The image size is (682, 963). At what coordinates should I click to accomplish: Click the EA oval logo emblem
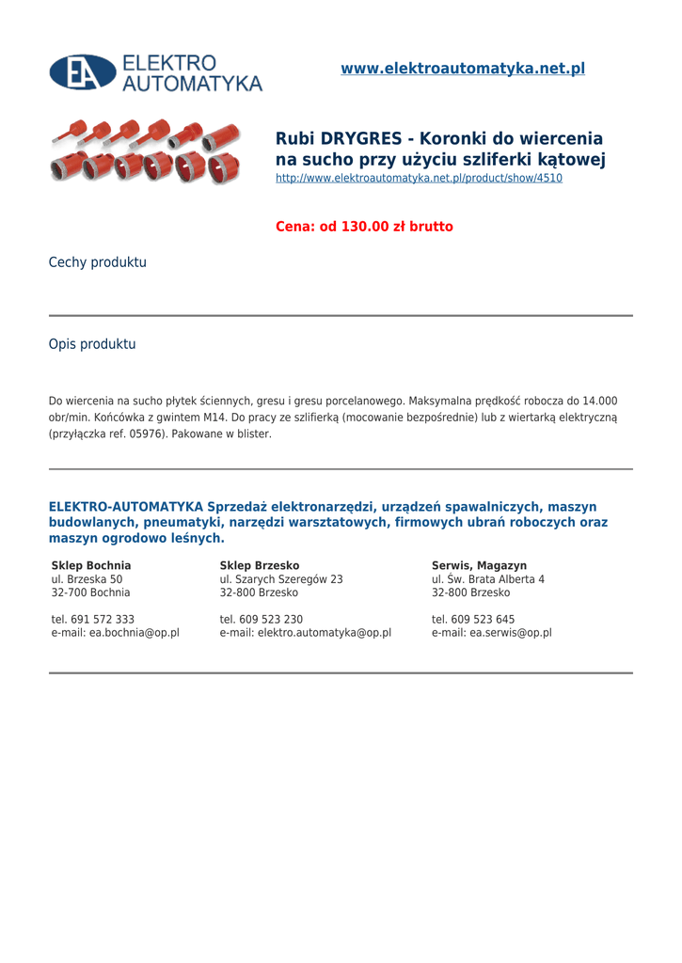coord(82,72)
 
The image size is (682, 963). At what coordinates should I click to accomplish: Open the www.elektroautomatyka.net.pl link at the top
coord(462,69)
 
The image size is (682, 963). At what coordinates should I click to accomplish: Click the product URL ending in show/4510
coord(419,178)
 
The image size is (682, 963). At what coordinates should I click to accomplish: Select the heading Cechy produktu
coord(98,262)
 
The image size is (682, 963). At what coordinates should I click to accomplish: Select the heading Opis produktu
coord(92,344)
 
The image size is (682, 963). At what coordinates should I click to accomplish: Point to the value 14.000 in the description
coord(599,401)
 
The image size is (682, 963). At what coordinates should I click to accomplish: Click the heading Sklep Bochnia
coord(91,565)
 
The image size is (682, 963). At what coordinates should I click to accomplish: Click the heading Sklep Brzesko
coord(260,565)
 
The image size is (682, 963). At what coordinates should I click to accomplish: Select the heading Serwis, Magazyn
coord(479,565)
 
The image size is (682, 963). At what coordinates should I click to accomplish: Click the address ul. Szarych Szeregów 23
coord(281,579)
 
